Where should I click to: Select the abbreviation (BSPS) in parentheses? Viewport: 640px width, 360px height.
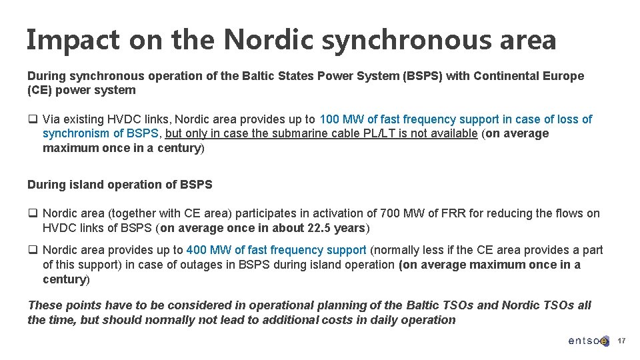click(x=423, y=76)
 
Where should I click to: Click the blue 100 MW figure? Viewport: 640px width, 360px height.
click(x=342, y=119)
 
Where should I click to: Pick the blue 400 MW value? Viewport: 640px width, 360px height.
click(x=208, y=250)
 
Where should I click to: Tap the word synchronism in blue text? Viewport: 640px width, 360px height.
click(x=75, y=133)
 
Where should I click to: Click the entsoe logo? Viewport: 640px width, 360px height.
click(x=588, y=341)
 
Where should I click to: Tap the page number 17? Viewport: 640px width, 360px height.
click(x=621, y=341)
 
